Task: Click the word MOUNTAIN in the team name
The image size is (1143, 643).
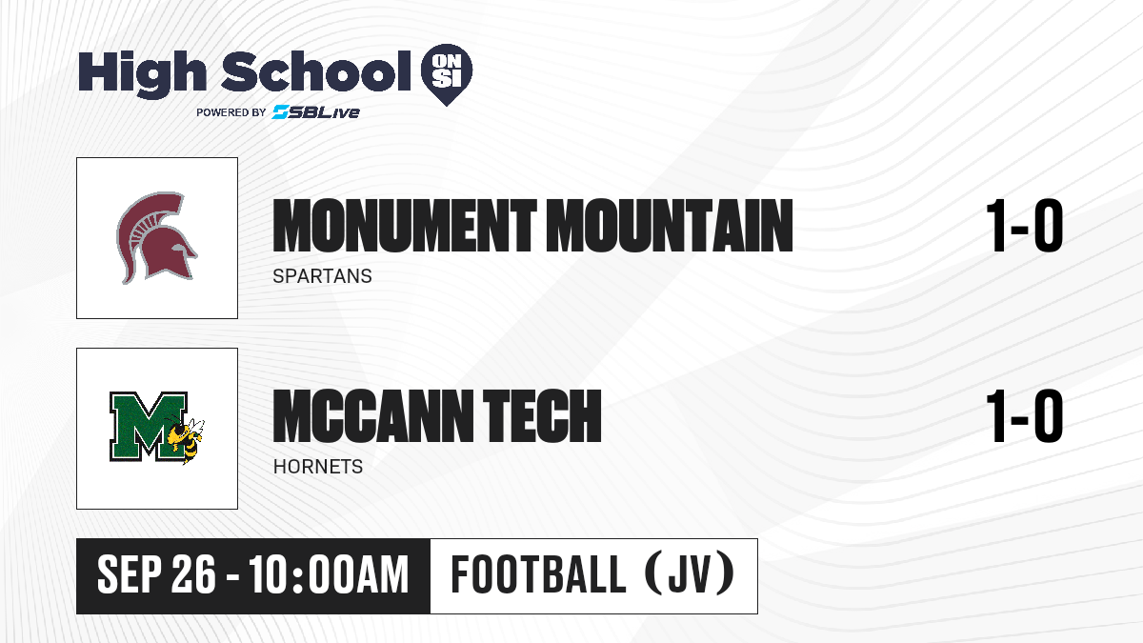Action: (670, 225)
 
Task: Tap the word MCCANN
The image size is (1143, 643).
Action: (374, 415)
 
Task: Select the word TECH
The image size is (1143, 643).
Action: (542, 415)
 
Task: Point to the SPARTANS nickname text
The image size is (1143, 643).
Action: (323, 276)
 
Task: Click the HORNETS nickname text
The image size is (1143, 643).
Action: (318, 467)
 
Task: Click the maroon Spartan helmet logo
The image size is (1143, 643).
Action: (156, 238)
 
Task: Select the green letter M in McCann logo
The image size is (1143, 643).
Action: (148, 427)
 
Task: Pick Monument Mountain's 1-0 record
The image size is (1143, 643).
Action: (1025, 225)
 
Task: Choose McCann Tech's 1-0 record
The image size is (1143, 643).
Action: (1025, 415)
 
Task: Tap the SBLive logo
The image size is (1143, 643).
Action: (315, 111)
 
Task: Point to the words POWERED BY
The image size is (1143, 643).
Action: (231, 112)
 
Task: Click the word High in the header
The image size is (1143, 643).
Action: (143, 73)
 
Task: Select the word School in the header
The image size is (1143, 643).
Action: (316, 72)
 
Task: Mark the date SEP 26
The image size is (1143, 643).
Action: (156, 574)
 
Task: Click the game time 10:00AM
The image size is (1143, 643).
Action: (330, 574)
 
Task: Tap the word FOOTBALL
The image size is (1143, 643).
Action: (538, 574)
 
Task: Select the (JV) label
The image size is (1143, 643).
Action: (690, 574)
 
